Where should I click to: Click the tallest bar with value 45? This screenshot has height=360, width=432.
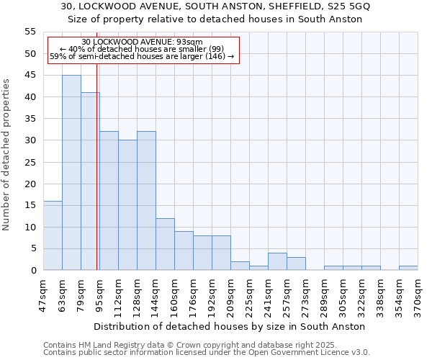(71, 173)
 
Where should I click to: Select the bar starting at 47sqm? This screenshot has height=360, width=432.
(53, 235)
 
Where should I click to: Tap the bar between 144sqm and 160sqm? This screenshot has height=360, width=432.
(165, 244)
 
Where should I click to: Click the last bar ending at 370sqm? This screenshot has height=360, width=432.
(408, 268)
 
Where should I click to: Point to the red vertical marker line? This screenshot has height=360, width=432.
(96, 180)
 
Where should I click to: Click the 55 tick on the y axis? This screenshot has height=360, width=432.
(30, 32)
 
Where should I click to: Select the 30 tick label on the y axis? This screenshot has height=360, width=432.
(30, 140)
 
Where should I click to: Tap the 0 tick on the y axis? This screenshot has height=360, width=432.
(33, 271)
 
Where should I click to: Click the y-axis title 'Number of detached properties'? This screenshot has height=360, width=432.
(7, 155)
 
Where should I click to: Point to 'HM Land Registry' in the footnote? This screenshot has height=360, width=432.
(108, 345)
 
